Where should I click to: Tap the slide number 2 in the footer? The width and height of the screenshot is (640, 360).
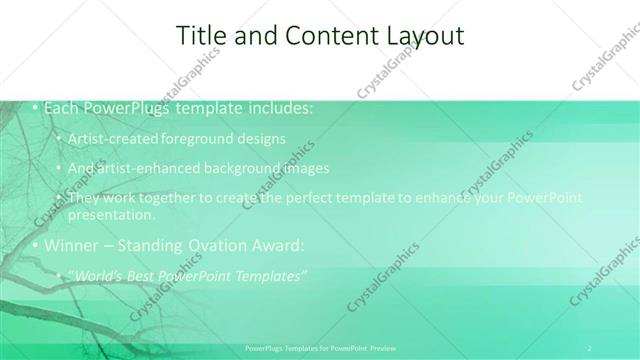590,348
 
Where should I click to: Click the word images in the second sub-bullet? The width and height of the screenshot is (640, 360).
305,168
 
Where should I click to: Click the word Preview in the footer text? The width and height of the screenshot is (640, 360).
384,348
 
